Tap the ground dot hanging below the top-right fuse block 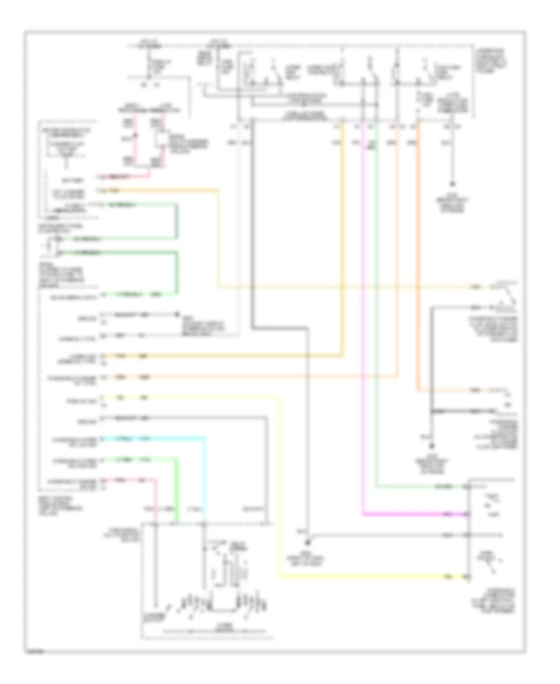(x=452, y=185)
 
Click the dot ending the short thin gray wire (x=177, y=315)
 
